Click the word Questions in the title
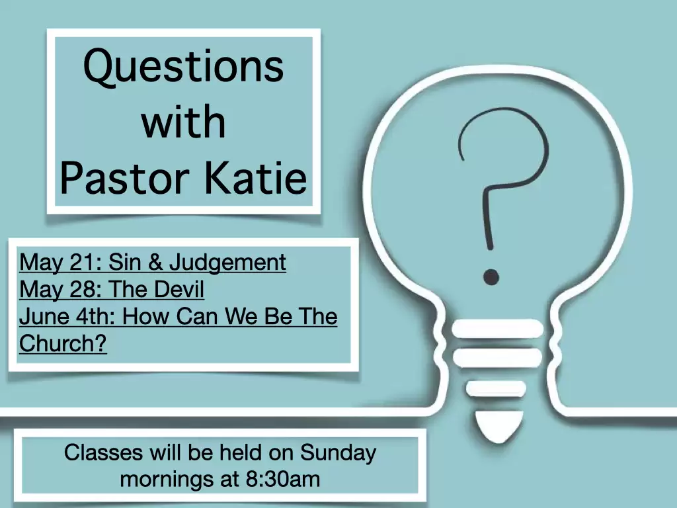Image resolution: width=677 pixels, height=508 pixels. click(184, 67)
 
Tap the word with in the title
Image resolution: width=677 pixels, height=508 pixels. click(184, 122)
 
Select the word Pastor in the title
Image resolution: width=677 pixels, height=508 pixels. click(124, 177)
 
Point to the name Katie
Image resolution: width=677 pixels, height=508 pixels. click(255, 177)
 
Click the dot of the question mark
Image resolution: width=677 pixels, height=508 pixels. click(491, 277)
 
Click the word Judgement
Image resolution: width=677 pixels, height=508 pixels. click(227, 263)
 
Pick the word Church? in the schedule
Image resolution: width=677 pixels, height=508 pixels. click(63, 343)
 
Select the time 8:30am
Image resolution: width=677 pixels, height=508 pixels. click(283, 479)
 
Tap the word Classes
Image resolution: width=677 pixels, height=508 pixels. click(104, 452)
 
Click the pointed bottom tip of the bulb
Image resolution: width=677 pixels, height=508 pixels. click(499, 441)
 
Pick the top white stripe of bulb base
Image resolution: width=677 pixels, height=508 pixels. click(497, 329)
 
